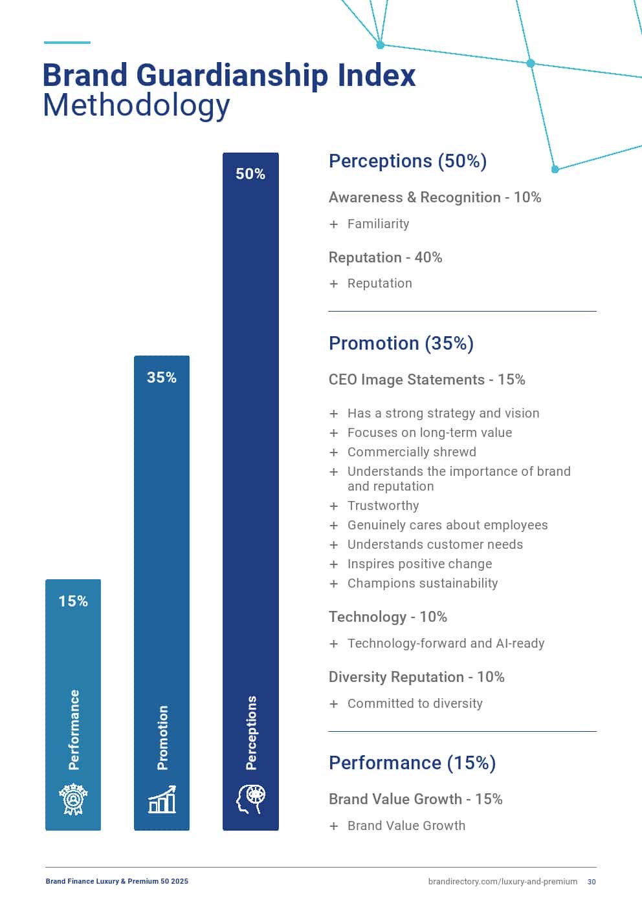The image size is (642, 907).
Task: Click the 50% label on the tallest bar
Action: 250,174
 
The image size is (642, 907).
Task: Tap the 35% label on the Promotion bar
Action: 162,378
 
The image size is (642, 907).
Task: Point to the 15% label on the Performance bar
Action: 73,601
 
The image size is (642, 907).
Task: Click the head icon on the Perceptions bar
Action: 250,799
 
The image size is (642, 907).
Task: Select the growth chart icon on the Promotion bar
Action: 162,800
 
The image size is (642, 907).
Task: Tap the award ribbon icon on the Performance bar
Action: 73,800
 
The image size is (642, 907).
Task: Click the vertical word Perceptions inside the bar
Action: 251,732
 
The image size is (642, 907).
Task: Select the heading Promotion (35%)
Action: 401,343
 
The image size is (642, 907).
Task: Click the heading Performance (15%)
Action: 412,763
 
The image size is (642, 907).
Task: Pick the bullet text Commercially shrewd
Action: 412,452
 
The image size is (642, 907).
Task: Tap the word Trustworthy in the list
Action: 383,506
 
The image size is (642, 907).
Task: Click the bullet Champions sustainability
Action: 423,583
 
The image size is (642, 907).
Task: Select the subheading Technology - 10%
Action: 388,617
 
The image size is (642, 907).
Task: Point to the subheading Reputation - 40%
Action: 385,257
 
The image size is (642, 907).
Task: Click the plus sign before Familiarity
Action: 334,224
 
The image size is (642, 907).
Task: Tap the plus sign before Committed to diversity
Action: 334,704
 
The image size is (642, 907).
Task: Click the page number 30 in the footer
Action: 592,882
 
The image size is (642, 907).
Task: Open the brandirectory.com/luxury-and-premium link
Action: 502,882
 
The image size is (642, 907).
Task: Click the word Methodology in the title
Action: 136,105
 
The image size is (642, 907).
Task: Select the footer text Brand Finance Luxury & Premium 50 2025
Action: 117,881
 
